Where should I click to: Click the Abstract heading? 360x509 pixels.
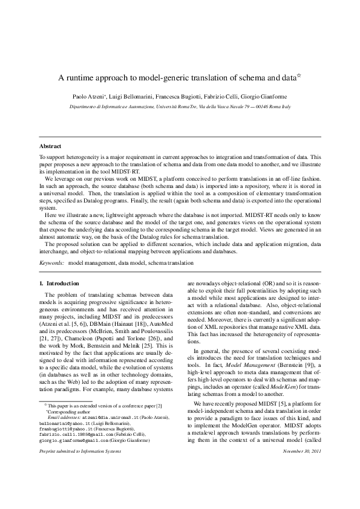click(x=50, y=147)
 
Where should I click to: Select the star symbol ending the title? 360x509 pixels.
click(x=299, y=76)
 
